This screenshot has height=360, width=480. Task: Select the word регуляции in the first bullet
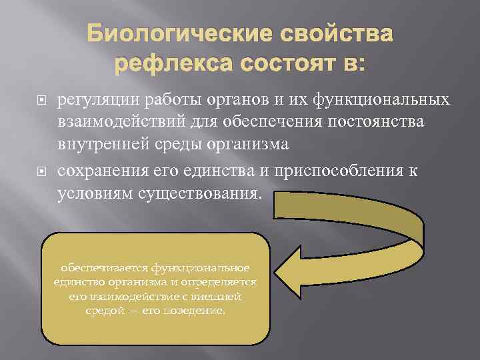click(96, 101)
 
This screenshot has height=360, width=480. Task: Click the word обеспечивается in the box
click(104, 268)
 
